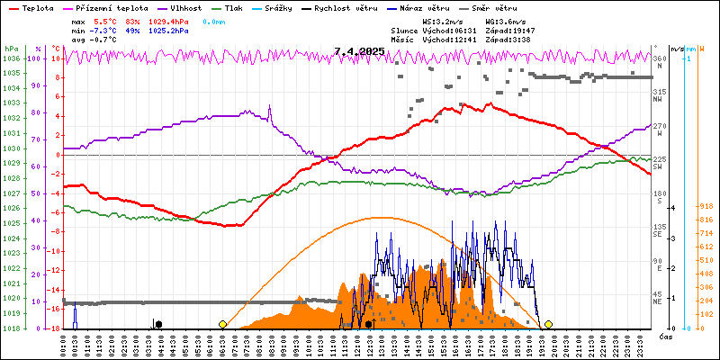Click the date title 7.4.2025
tap(358, 51)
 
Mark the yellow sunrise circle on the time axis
tap(222, 324)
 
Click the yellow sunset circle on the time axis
tap(548, 324)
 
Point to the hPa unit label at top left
tap(10, 48)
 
